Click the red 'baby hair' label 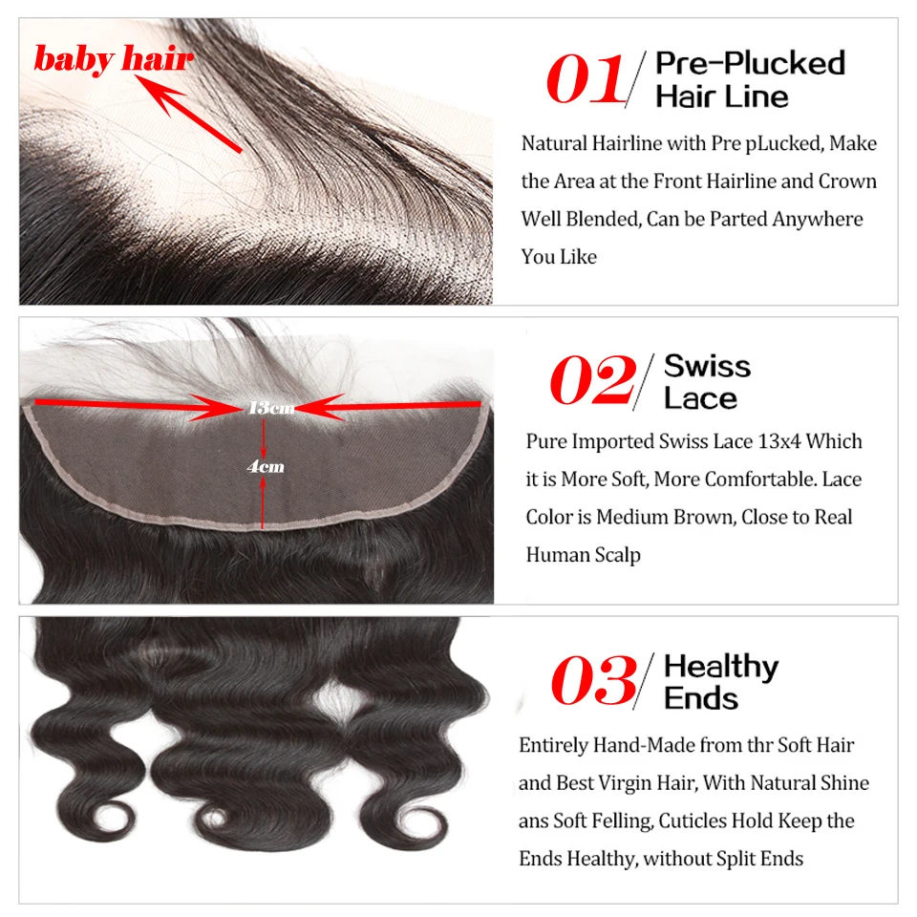point(114,59)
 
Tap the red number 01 point(585,79)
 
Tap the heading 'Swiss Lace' point(707,381)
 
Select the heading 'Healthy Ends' point(721,682)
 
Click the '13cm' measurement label point(271,408)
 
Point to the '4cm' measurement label point(266,467)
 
